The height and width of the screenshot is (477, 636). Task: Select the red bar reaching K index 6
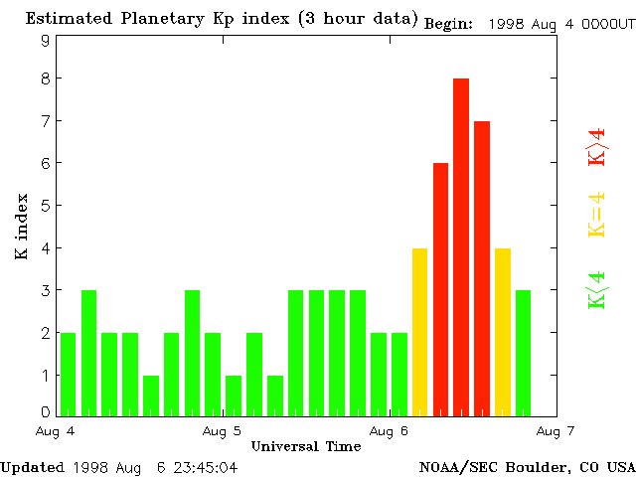[x=440, y=288]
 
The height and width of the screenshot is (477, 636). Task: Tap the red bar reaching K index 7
[x=482, y=267]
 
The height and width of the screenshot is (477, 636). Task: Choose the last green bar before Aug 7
[x=523, y=352]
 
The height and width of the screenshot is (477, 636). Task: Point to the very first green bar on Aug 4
[x=68, y=374]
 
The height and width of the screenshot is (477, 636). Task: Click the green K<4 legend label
[x=596, y=290]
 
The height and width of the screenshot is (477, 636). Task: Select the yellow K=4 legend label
[x=596, y=215]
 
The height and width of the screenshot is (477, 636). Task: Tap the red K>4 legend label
[x=596, y=146]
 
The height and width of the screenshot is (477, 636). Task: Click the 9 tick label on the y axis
[x=45, y=41]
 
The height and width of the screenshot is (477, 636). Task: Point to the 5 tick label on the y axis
[x=45, y=206]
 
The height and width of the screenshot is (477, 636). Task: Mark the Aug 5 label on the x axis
[x=222, y=431]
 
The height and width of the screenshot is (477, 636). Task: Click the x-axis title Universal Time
[x=306, y=446]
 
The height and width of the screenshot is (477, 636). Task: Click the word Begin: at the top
[x=449, y=24]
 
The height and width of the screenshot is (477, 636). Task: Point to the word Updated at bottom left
[x=32, y=466]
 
